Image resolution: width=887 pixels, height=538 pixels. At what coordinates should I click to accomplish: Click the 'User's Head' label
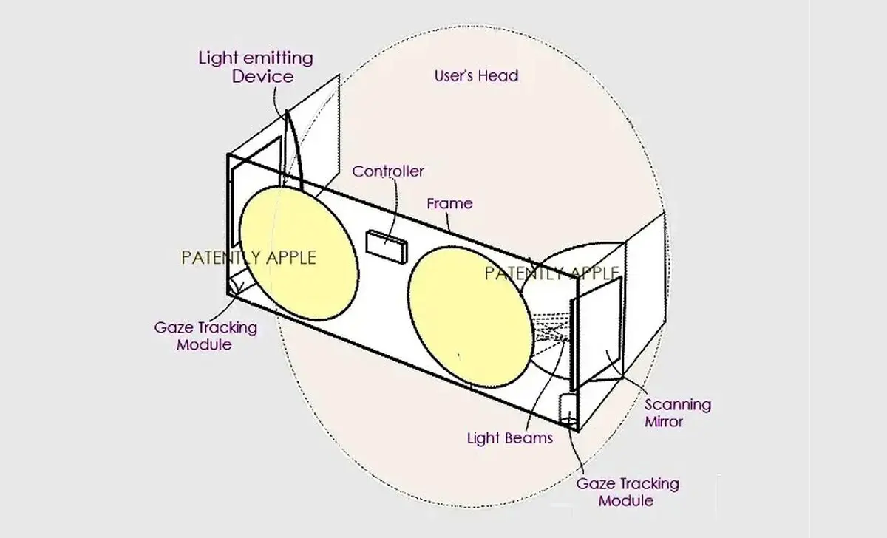tap(476, 75)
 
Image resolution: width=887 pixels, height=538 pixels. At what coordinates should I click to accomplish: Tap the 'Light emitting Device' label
tap(256, 67)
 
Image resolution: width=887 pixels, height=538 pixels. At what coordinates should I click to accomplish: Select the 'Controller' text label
tap(388, 171)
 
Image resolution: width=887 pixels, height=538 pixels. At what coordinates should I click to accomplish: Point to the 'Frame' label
tap(450, 203)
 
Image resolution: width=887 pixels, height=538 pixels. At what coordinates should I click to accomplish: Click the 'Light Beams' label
tap(510, 437)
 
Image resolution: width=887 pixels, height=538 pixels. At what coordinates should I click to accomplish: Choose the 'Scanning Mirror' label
tap(678, 413)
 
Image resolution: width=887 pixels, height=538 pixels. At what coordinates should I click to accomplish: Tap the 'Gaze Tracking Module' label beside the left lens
tap(205, 336)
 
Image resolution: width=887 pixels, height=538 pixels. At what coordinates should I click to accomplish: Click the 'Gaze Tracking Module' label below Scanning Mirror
tap(628, 492)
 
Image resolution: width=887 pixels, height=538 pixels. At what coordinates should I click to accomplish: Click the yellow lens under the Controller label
tap(299, 253)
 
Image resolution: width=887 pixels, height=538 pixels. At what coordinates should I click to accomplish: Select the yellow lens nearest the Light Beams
tap(470, 317)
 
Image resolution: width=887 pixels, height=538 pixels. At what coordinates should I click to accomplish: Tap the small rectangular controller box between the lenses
tap(387, 247)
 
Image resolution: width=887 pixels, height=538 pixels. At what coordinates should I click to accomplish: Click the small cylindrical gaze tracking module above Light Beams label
tap(568, 408)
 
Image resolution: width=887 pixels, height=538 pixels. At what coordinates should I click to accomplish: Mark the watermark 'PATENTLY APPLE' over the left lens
tap(248, 258)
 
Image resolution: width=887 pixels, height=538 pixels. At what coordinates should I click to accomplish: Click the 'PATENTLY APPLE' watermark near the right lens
tap(551, 273)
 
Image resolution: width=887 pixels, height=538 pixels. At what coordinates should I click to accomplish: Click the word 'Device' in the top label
tap(263, 76)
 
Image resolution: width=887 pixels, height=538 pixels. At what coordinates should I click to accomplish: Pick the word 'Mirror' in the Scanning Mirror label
tap(664, 422)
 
